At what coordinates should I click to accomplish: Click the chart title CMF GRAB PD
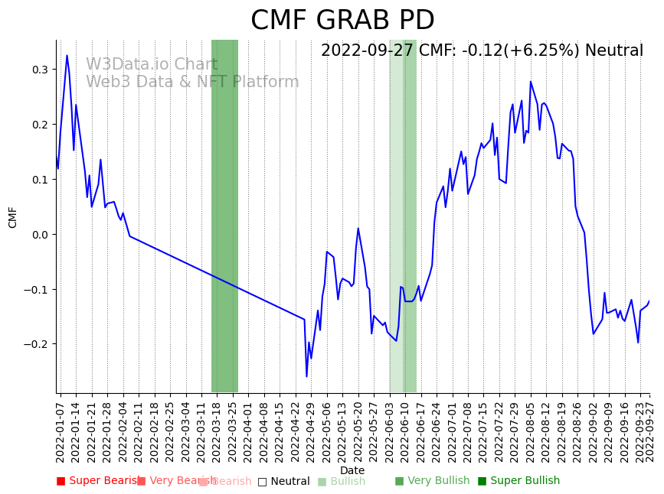(342, 21)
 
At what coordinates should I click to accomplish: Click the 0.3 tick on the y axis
(40, 70)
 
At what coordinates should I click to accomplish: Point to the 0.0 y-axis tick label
(40, 235)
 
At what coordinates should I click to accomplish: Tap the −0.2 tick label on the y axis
(37, 344)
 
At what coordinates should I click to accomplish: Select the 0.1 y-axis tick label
(40, 180)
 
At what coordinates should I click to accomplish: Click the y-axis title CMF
(13, 217)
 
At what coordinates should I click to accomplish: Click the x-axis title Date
(352, 470)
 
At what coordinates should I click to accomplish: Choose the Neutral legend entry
(284, 481)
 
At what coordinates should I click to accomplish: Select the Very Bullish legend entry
(432, 481)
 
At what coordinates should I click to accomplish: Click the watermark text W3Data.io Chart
(152, 64)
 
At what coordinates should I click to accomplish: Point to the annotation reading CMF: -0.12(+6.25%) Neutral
(482, 50)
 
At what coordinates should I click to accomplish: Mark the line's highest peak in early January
(67, 55)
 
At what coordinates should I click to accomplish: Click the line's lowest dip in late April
(306, 376)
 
